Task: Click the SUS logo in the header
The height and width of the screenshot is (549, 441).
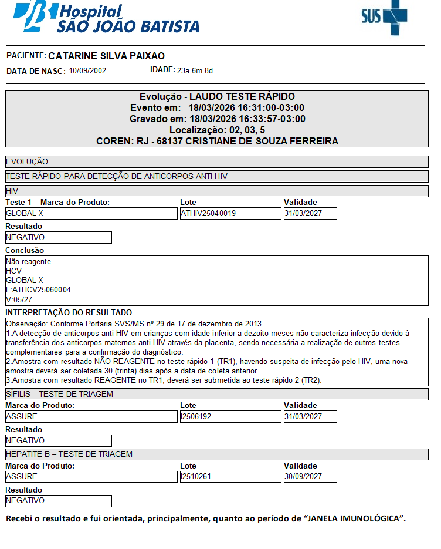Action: click(384, 18)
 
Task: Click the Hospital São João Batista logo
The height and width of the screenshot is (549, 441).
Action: click(106, 18)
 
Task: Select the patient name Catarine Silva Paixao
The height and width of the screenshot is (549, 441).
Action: click(106, 56)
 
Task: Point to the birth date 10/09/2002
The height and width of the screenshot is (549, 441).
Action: click(87, 71)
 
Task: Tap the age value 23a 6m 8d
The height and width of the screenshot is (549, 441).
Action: click(195, 71)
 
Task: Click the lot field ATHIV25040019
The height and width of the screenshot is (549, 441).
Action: click(230, 214)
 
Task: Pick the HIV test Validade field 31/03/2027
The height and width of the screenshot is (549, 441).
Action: click(310, 214)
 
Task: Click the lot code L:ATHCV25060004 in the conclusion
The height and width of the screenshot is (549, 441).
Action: click(38, 289)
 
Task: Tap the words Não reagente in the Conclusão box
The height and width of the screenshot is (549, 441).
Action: click(28, 262)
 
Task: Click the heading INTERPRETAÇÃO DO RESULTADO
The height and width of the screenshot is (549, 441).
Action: click(69, 312)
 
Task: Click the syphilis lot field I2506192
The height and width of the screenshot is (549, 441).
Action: click(230, 416)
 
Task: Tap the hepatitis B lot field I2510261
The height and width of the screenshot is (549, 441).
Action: click(230, 476)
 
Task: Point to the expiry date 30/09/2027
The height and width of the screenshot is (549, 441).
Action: click(310, 476)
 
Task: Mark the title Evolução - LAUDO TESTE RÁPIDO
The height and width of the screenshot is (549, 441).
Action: click(217, 96)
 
